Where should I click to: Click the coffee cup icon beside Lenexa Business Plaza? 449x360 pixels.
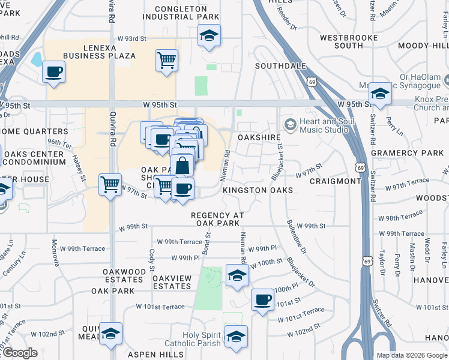[53, 72]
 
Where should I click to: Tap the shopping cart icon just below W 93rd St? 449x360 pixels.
[166, 59]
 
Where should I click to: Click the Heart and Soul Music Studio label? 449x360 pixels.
[325, 125]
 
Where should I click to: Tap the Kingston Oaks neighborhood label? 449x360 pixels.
[258, 190]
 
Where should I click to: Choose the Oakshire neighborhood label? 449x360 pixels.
[259, 137]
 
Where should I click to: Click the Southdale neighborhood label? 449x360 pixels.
[280, 66]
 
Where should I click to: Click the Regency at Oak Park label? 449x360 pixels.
[218, 220]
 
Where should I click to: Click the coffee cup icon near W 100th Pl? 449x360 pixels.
[262, 299]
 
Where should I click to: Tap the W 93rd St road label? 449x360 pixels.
[131, 39]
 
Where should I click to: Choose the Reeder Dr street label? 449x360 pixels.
[288, 19]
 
